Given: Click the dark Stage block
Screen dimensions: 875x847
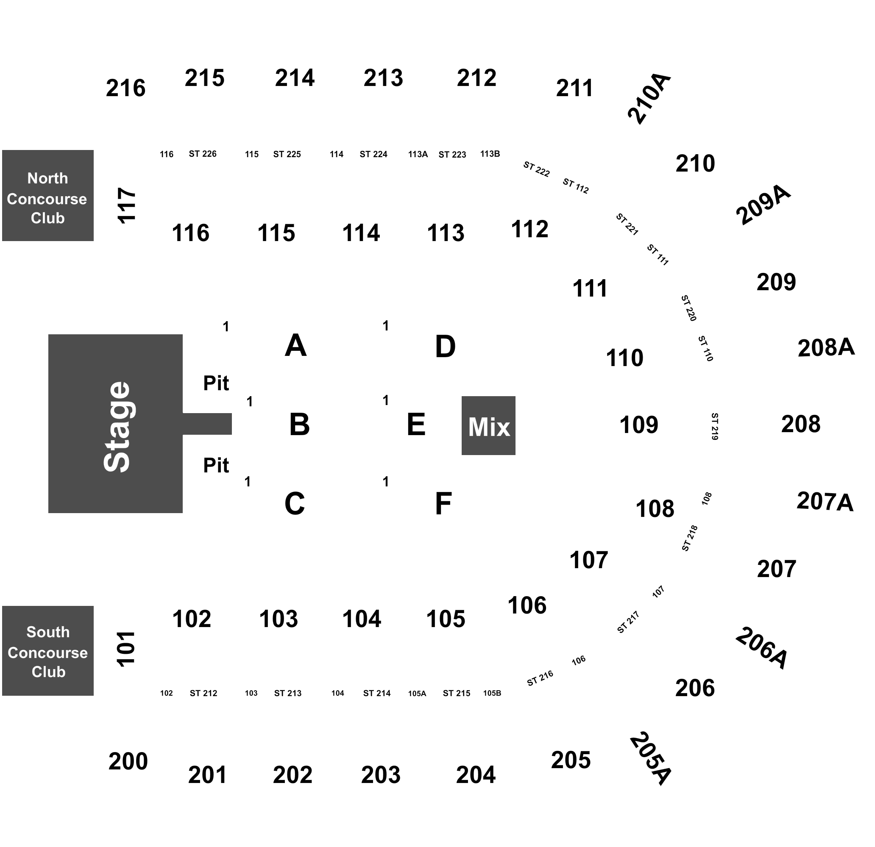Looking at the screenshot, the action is tap(116, 424).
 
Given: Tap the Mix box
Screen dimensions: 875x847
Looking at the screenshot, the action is tap(488, 425).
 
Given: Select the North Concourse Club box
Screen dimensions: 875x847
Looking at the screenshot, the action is tap(48, 195).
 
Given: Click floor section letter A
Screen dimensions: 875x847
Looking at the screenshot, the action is tap(295, 345).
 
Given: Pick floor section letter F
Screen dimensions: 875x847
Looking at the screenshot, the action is tap(443, 504).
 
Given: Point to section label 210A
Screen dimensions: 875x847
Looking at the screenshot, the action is tap(649, 98).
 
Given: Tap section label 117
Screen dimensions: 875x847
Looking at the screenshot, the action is tap(126, 205).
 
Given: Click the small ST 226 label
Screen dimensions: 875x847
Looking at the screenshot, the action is tap(203, 154).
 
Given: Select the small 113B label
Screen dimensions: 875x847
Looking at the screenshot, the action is tap(490, 154).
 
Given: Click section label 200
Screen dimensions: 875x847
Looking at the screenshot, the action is tap(128, 761).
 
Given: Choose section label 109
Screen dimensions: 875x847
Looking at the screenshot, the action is tap(639, 425).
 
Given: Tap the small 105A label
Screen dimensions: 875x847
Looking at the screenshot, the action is tap(417, 694).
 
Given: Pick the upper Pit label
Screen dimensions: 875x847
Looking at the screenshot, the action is tap(216, 383).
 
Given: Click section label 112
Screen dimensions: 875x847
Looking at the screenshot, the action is tap(529, 229).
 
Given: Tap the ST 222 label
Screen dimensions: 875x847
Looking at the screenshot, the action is tap(536, 169).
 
